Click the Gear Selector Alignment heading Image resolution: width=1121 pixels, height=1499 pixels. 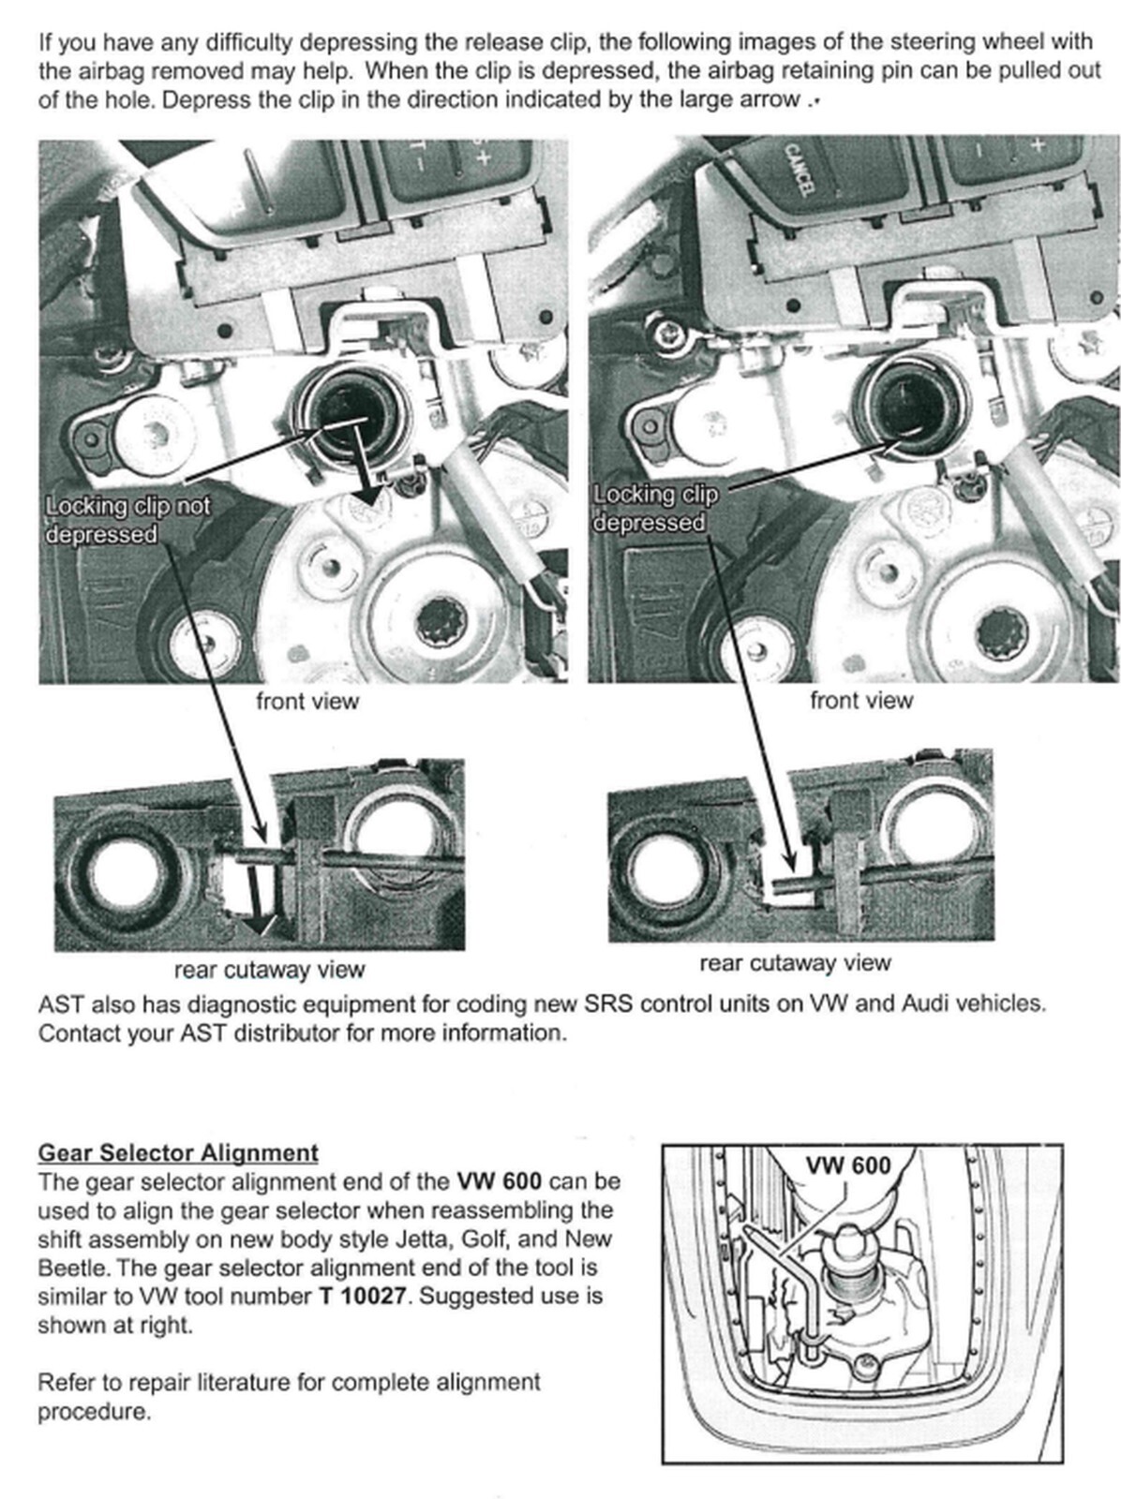178,1152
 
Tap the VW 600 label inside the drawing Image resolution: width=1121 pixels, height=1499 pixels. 847,1165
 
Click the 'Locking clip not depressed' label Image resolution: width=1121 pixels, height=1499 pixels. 127,520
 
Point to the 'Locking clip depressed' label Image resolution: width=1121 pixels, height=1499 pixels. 654,508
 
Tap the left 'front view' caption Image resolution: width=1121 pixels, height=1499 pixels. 307,701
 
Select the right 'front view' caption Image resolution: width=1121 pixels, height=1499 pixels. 860,701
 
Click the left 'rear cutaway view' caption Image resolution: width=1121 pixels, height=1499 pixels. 269,970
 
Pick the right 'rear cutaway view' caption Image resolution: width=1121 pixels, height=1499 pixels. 795,963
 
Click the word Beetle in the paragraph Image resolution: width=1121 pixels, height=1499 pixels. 75,1269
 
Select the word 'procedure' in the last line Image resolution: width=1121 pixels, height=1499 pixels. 93,1412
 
